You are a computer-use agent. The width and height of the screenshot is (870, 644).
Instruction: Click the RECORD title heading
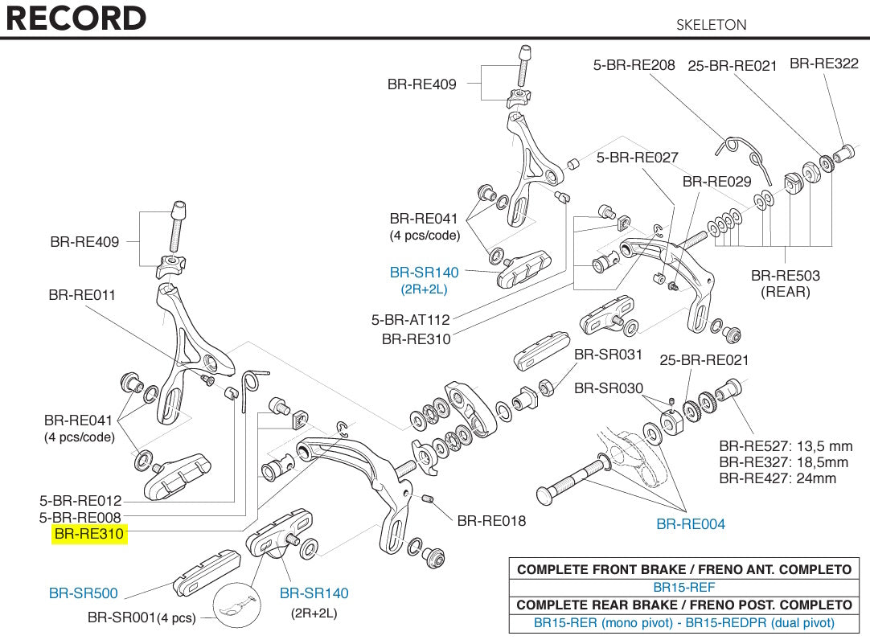point(76,18)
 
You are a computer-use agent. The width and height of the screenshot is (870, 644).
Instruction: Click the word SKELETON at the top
point(711,25)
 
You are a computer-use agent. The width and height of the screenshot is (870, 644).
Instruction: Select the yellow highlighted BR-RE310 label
point(90,535)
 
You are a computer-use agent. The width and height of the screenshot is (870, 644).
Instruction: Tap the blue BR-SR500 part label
point(84,593)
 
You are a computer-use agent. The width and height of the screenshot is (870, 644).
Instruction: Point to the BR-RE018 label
point(491,521)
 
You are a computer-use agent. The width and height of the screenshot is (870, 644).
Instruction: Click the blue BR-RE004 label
point(691,524)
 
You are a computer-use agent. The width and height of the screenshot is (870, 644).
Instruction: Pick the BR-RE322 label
point(824,64)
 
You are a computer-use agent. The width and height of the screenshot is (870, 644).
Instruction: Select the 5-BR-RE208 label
point(634,65)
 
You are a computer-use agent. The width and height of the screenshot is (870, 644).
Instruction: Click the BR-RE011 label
point(82,295)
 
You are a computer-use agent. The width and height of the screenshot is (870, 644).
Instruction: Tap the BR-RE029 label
point(716,182)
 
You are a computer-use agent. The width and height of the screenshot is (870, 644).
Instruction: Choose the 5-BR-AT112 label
point(410,320)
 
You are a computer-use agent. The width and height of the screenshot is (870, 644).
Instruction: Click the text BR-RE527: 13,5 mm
point(786,446)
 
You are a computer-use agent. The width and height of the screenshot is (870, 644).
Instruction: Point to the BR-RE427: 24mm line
point(778,478)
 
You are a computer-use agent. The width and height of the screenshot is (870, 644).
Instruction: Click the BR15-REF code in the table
point(683,587)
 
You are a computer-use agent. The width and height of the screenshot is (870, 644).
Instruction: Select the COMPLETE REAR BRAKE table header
point(683,605)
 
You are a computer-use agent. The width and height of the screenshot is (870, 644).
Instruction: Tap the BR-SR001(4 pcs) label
point(142,618)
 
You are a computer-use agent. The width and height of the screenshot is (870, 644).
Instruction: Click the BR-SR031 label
point(609,355)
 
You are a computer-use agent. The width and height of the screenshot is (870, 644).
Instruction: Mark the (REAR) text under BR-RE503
point(786,292)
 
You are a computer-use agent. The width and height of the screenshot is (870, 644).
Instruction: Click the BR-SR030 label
point(609,388)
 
